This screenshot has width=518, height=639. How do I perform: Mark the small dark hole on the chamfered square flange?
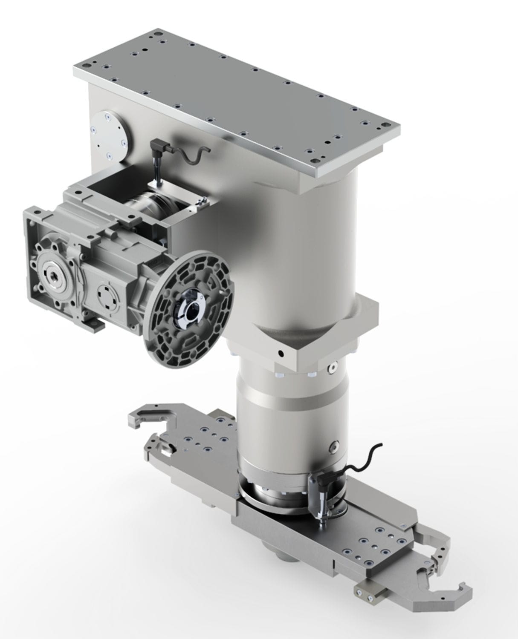[280, 353]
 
